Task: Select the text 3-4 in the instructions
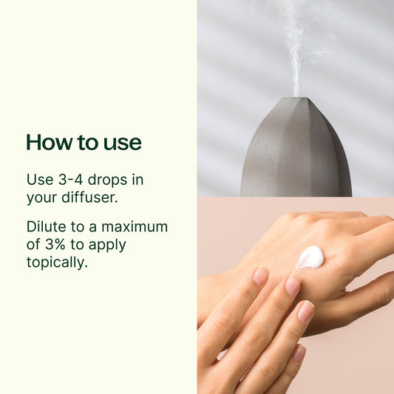(x=69, y=180)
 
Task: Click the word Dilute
(x=46, y=226)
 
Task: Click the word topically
(x=57, y=262)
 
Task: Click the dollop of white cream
(x=310, y=257)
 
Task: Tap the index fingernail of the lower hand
(x=259, y=277)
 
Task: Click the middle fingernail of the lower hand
(x=293, y=285)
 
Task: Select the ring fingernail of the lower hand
(x=305, y=310)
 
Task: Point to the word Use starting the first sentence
(x=39, y=180)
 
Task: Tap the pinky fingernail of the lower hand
(x=299, y=353)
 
